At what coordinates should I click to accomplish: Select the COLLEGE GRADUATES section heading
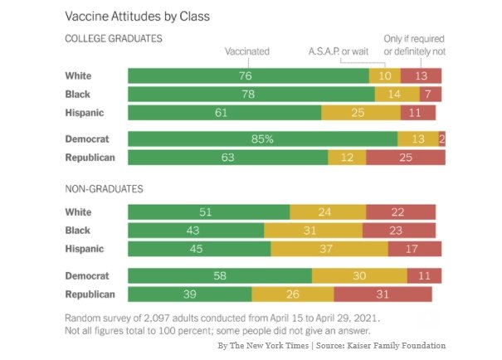[x=113, y=39]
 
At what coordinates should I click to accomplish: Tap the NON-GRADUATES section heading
[x=104, y=189]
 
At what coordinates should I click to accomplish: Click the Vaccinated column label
[x=247, y=51]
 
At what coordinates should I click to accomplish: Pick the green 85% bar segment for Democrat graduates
[x=262, y=139]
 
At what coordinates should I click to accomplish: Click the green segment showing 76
[x=248, y=76]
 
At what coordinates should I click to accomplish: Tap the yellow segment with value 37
[x=329, y=248]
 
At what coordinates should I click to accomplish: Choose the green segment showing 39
[x=189, y=293]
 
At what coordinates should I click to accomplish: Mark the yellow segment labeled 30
[x=359, y=275]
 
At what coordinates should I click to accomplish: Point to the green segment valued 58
[x=219, y=275]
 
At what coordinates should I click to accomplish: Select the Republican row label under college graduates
[x=90, y=156]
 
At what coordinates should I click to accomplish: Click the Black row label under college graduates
[x=78, y=94]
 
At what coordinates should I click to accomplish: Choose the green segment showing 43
[x=196, y=231]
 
